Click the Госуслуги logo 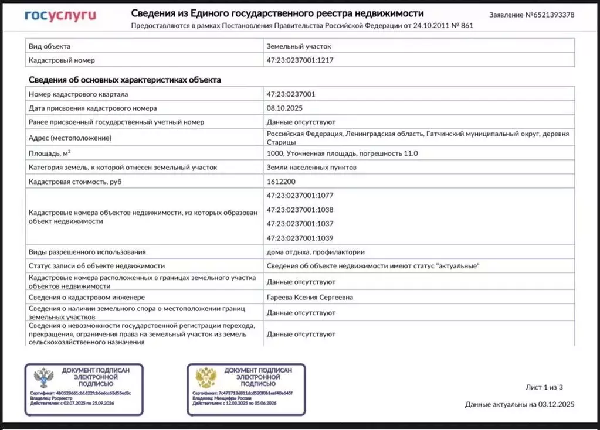[60, 16]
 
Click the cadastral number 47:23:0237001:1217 [300, 60]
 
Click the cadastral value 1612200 [281, 182]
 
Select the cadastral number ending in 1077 [300, 196]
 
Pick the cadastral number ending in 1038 [300, 210]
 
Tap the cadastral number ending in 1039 [300, 238]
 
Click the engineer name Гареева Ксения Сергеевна [310, 298]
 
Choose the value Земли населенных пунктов [311, 168]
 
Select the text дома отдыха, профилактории [316, 252]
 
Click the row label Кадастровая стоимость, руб [75, 182]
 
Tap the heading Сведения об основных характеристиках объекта [125, 80]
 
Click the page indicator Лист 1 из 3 [544, 387]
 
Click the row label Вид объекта [50, 46]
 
